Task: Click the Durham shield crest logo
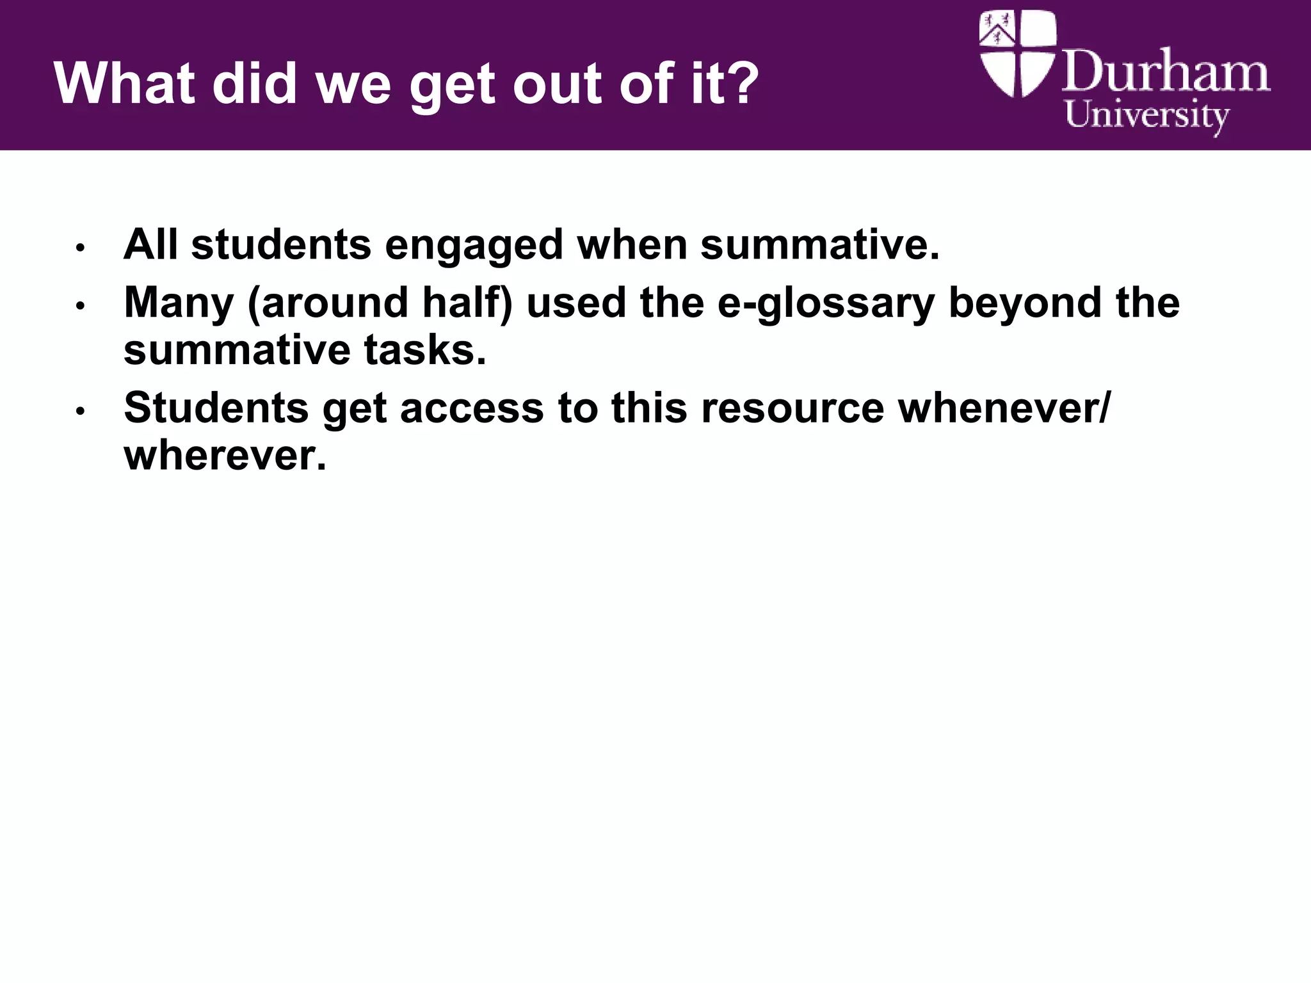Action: click(1018, 54)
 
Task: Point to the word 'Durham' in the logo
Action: click(1166, 72)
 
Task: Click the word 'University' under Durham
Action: click(1146, 116)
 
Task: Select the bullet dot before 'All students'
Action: click(80, 248)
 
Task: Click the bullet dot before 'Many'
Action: click(80, 306)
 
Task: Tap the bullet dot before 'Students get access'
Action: click(80, 411)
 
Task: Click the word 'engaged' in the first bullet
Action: click(474, 246)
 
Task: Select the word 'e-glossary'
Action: click(826, 304)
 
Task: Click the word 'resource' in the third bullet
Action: click(793, 409)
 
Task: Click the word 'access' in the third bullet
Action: click(472, 409)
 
